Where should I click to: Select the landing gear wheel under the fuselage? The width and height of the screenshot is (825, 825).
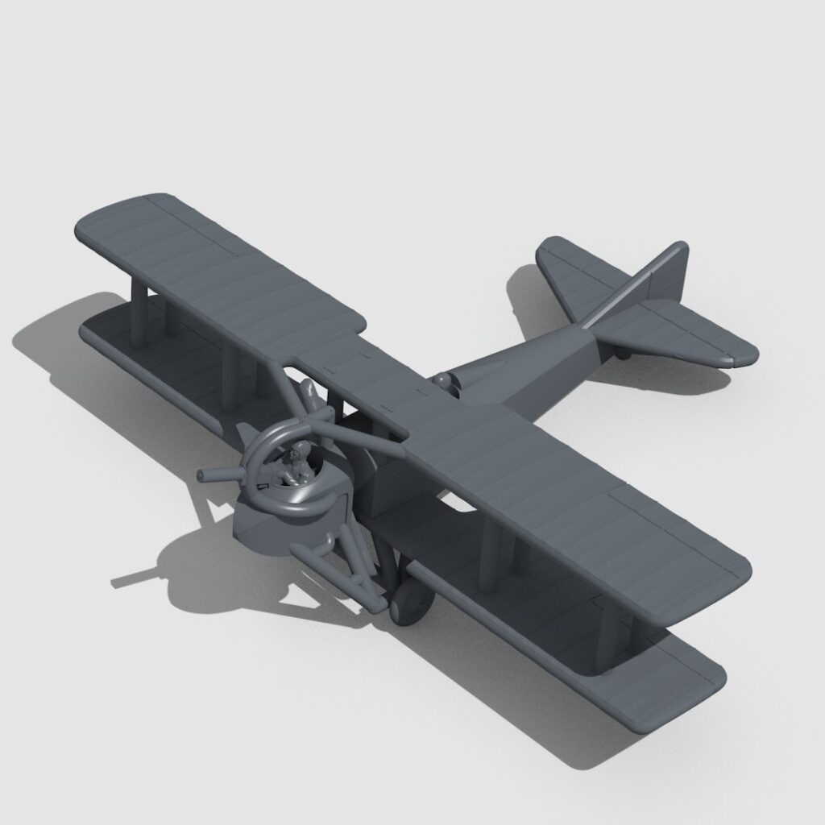410,602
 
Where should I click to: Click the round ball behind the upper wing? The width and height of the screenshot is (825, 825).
442,379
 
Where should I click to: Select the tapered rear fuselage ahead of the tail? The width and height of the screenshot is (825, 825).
532,363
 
